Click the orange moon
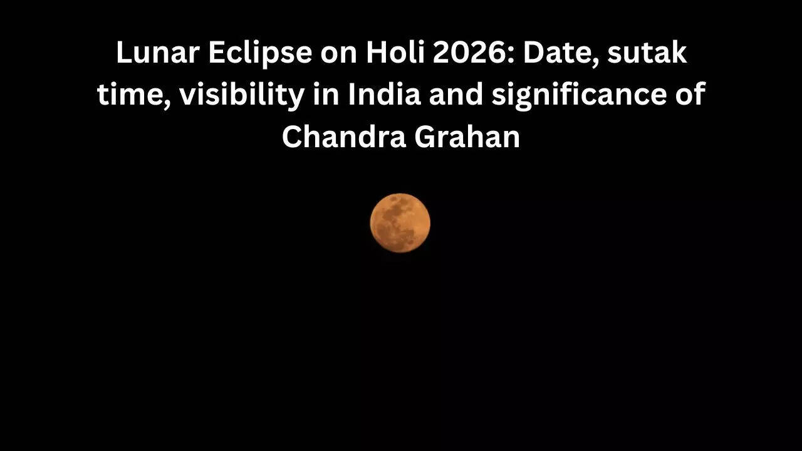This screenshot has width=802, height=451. (x=400, y=223)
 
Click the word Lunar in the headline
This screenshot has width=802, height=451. (x=148, y=53)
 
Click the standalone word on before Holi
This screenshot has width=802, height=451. (x=339, y=53)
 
